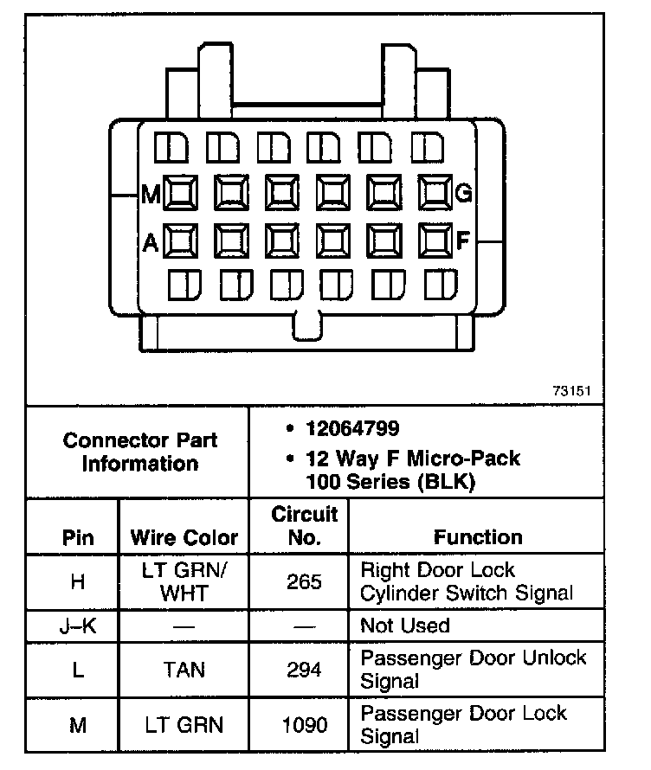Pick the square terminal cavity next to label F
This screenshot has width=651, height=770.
(x=435, y=240)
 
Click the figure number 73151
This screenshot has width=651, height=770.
(x=571, y=391)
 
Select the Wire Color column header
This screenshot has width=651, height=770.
(x=184, y=536)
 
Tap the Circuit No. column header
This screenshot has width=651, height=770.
(x=305, y=525)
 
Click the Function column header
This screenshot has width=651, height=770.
(x=478, y=536)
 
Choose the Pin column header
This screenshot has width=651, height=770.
(x=78, y=536)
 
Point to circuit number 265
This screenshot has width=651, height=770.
(x=305, y=581)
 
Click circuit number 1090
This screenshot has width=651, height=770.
(x=305, y=724)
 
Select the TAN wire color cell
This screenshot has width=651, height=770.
(x=184, y=669)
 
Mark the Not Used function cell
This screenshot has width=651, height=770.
(x=405, y=625)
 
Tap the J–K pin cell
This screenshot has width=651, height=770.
(x=78, y=625)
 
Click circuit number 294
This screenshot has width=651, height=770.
(x=305, y=669)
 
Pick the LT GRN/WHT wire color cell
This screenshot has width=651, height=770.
(x=184, y=581)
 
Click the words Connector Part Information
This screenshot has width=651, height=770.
(x=140, y=451)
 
